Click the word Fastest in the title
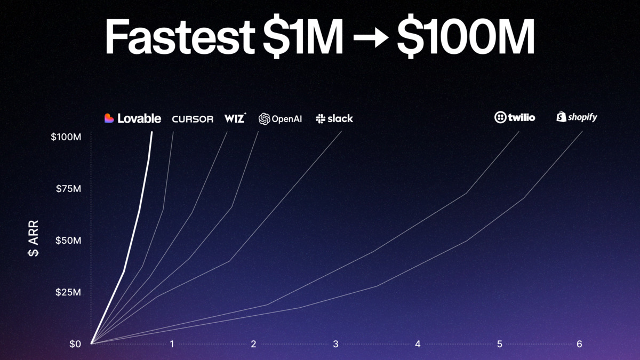pos(179,38)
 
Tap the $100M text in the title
pos(465,38)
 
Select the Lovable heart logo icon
pos(109,118)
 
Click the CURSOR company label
pos(193,119)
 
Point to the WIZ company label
pos(235,118)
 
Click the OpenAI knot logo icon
pos(264,119)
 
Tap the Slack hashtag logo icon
pos(321,119)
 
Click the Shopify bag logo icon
pos(561,117)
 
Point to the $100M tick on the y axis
pos(66,137)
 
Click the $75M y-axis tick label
pos(68,189)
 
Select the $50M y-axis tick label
pos(68,241)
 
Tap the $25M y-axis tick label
pos(68,292)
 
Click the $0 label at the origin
pos(75,344)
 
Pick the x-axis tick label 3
pos(335,344)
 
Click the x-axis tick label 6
pos(579,344)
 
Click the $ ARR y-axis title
pos(33,241)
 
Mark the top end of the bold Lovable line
pos(152,132)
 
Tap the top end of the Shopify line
pos(582,132)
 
